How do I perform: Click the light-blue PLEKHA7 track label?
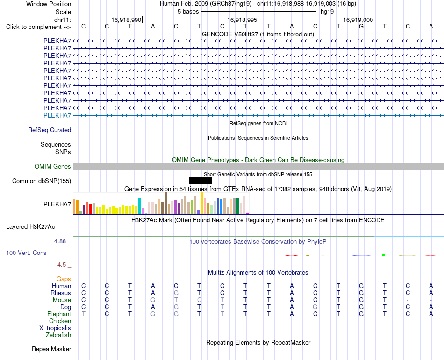[57, 115]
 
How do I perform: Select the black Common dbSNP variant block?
[200, 181]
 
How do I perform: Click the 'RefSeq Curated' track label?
[50, 130]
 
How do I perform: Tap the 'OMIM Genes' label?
[53, 166]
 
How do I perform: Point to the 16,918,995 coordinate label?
[242, 20]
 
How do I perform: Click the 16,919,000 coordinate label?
[358, 20]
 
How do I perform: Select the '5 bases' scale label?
[188, 12]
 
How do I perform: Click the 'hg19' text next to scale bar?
[327, 12]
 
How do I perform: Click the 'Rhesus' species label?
[61, 293]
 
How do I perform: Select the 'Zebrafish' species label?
[58, 335]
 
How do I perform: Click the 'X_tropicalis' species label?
[55, 328]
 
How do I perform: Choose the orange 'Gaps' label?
[64, 279]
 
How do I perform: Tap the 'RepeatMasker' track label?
[51, 349]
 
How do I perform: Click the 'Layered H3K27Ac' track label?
[30, 227]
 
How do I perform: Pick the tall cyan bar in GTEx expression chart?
[140, 205]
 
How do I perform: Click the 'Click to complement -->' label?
[38, 27]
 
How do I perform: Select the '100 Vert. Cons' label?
[26, 253]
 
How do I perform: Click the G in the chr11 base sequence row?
[361, 26]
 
